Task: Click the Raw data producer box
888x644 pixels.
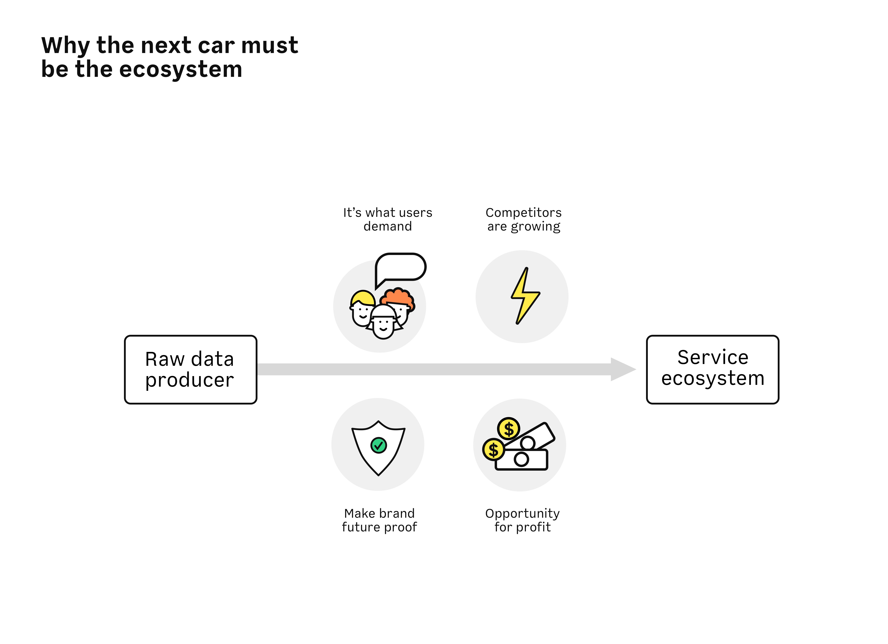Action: point(191,370)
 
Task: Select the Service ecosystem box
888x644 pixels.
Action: point(713,370)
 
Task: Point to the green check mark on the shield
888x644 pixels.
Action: point(379,445)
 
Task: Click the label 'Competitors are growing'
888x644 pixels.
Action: point(523,220)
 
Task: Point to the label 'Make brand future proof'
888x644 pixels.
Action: point(379,520)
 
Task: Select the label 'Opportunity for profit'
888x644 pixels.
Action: point(522,520)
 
